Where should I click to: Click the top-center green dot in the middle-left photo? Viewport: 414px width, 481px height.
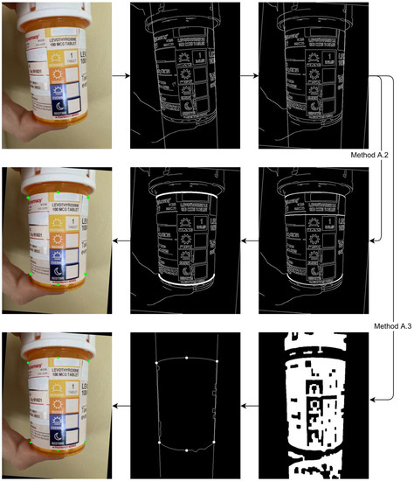pos(59,191)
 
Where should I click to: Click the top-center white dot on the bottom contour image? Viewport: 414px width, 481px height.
pos(187,358)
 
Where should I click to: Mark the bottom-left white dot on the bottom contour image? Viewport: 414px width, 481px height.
pos(159,445)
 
